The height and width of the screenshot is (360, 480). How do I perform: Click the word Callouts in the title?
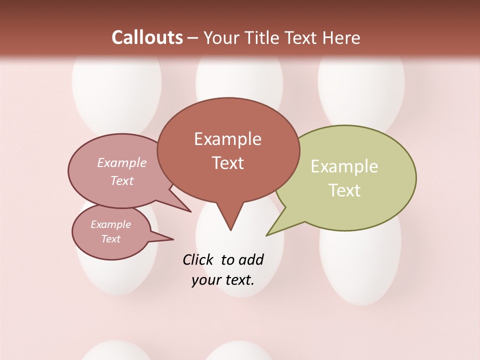point(147,37)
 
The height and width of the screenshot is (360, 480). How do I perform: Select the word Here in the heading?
point(340,37)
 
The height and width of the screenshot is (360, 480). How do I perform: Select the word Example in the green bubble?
point(344,166)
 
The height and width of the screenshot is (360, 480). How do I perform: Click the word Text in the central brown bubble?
point(228,163)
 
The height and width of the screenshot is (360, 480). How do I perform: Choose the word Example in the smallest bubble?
point(110,224)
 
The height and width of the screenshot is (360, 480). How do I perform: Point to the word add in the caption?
point(250,259)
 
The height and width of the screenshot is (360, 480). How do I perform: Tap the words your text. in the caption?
point(223,280)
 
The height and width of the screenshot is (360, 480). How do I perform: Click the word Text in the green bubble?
point(345,190)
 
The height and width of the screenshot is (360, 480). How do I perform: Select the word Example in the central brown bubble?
point(228,139)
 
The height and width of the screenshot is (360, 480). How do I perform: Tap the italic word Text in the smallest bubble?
point(111,239)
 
